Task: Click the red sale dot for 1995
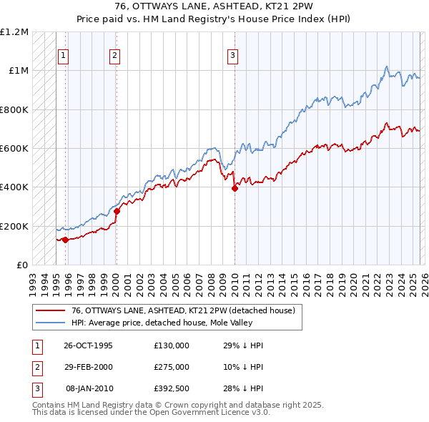[x=65, y=240]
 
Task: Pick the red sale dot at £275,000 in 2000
[x=117, y=211]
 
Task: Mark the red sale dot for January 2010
[x=235, y=189]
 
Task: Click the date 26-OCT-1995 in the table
[x=88, y=345]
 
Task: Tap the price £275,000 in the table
[x=172, y=367]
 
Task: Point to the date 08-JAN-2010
[x=89, y=388]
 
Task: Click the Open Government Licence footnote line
[x=151, y=413]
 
